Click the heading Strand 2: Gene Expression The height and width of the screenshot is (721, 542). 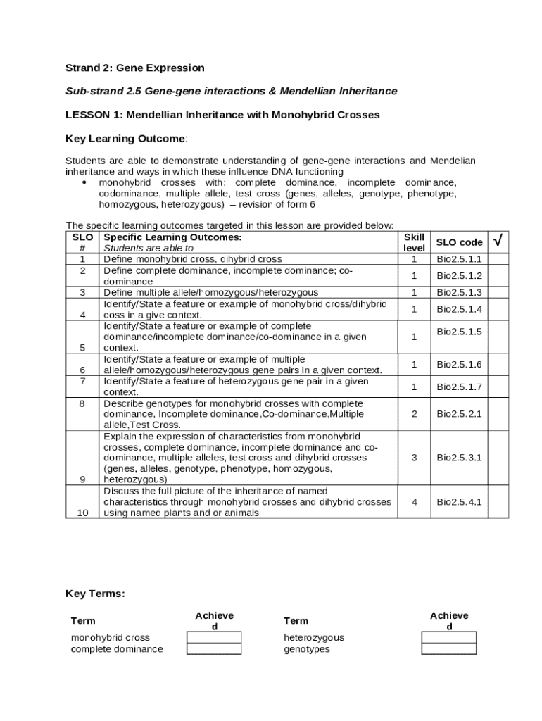(135, 68)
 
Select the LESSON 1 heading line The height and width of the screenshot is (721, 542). (222, 115)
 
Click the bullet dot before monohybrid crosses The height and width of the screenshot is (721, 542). (84, 183)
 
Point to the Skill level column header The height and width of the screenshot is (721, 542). (414, 243)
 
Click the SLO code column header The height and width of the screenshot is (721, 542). (459, 242)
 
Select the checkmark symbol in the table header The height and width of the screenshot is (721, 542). (498, 242)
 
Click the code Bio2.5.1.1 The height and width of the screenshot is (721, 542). (459, 259)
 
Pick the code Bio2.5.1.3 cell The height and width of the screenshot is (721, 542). (459, 292)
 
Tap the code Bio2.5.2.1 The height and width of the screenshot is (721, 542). (459, 414)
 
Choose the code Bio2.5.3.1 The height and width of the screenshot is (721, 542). (459, 458)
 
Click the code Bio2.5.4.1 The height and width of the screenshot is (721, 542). (459, 502)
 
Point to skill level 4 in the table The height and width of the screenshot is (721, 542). (414, 502)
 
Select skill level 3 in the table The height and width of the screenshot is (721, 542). (414, 458)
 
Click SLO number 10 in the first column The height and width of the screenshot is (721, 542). (82, 513)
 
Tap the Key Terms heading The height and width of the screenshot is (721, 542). (95, 594)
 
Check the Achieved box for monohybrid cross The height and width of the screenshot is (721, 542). (213, 637)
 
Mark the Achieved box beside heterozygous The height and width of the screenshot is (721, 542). (448, 637)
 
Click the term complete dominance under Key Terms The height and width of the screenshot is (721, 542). (117, 649)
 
